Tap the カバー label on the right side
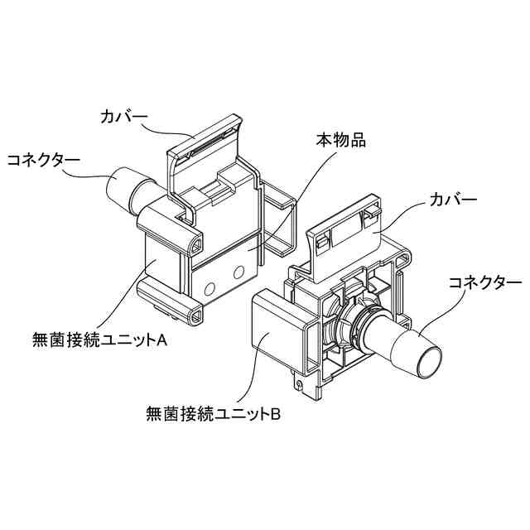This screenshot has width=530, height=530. click(x=453, y=200)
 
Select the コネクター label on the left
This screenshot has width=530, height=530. click(x=44, y=159)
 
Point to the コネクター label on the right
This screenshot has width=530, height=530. click(x=484, y=282)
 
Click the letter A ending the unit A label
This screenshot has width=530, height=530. click(x=162, y=338)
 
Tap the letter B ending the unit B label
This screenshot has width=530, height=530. click(x=277, y=412)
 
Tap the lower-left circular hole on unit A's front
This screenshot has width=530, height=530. click(x=209, y=289)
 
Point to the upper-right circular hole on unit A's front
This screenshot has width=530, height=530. click(x=240, y=271)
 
